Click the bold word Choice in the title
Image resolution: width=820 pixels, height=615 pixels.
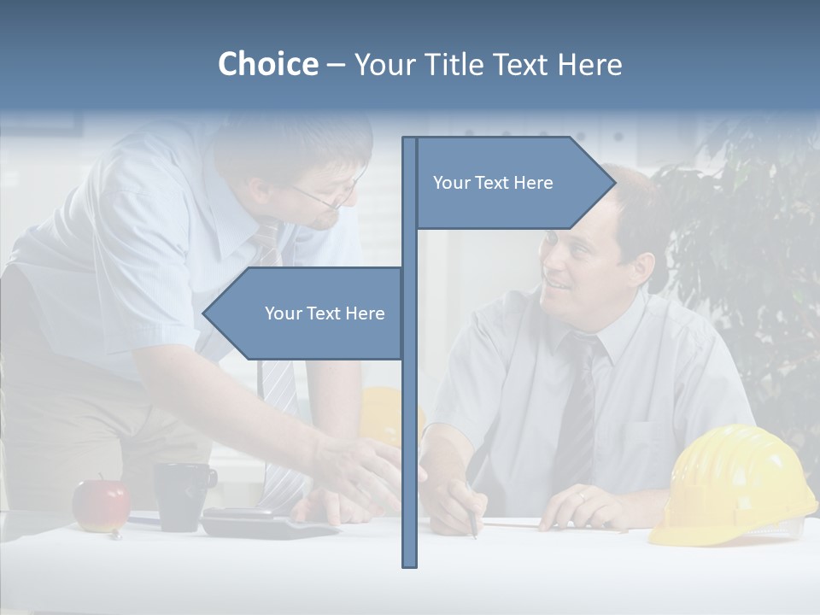coord(267,64)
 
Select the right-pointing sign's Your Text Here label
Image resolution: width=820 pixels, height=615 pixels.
coord(493,183)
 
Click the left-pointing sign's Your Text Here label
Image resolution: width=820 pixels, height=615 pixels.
coord(325,313)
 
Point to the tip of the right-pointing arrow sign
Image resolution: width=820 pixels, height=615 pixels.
coord(614,183)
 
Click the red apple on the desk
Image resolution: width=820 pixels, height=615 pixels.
coord(101,506)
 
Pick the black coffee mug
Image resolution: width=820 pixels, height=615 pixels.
coord(181,495)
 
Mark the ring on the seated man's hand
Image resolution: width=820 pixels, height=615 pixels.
coord(580,495)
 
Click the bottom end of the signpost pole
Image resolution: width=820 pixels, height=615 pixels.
coord(410,564)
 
